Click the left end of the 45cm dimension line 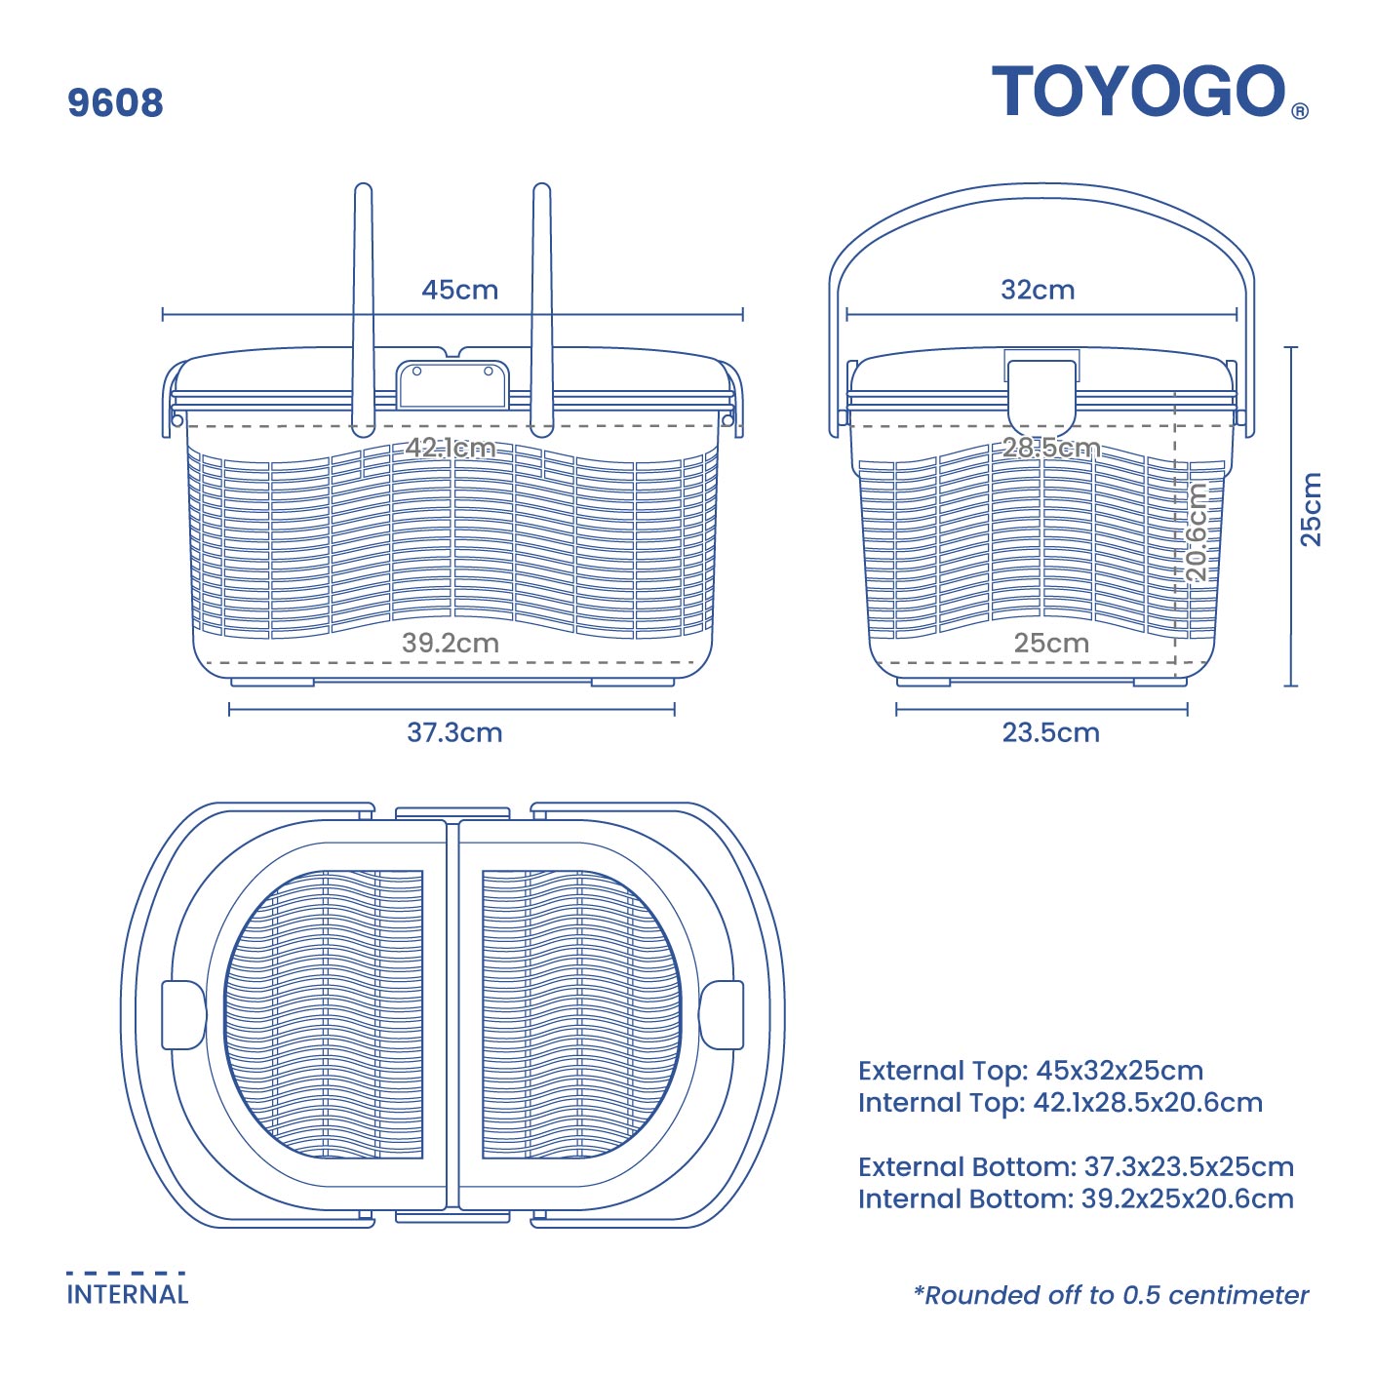163,314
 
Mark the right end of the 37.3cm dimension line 674,709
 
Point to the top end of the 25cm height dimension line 1290,347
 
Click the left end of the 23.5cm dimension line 896,709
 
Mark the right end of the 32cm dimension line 1237,314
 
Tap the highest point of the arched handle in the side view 1041,184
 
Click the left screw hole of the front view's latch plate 416,371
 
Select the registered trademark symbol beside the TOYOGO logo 1299,111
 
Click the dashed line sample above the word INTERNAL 126,1273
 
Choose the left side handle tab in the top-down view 183,1014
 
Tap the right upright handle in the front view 541,310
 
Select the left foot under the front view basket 273,683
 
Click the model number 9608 116,102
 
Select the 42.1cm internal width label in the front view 451,449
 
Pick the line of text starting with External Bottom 1076,1166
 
